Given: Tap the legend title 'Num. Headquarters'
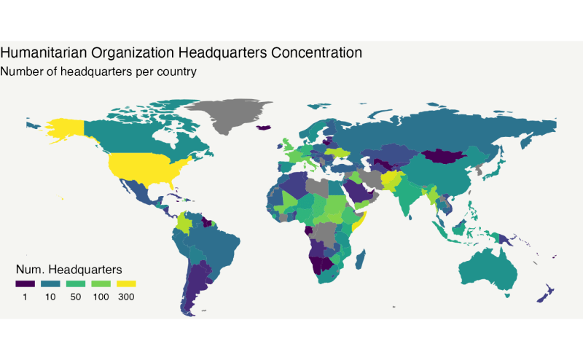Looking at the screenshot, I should [69, 268].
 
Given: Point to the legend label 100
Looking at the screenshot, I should [101, 297].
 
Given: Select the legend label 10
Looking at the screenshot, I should [50, 297].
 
